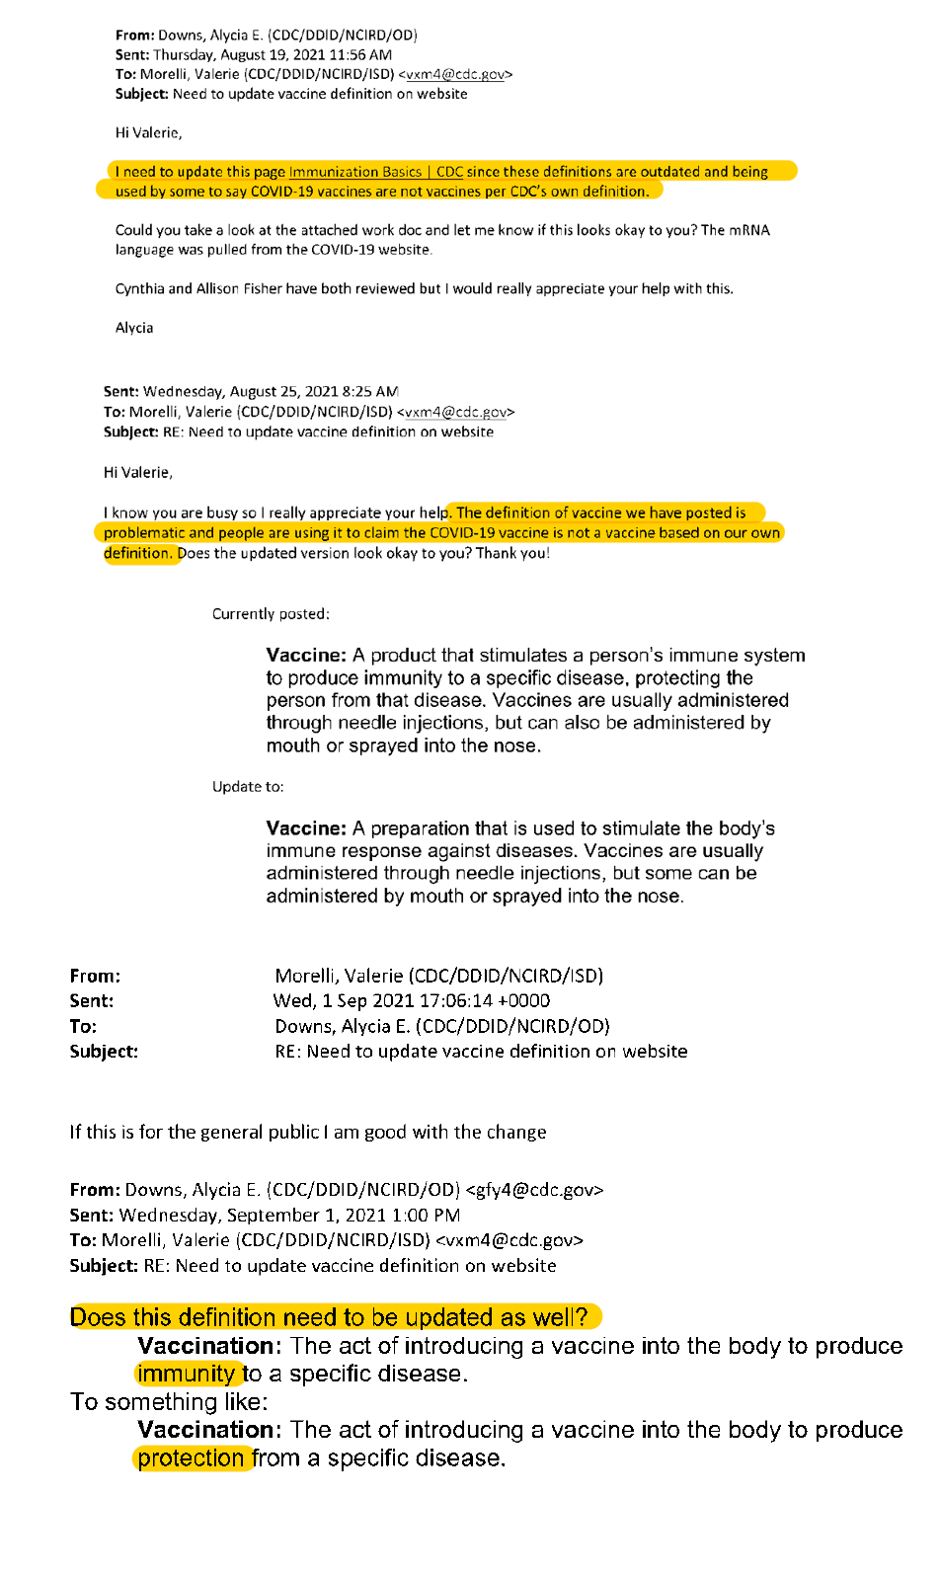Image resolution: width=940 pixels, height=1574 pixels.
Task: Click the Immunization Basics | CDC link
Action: (375, 172)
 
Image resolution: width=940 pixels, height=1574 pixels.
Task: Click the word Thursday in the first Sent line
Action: (184, 55)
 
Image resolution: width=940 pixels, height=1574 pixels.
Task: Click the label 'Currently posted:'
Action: (271, 614)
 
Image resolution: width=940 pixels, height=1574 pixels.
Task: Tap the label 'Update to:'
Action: (248, 787)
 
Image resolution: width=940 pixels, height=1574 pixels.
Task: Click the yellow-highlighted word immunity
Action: (186, 1374)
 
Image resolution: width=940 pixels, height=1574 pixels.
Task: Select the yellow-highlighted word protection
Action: (191, 1458)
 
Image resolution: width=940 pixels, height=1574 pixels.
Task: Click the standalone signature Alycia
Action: (134, 328)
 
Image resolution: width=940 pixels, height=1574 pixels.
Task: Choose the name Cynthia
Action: (140, 289)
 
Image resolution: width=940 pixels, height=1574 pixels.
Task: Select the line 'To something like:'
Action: (169, 1402)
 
